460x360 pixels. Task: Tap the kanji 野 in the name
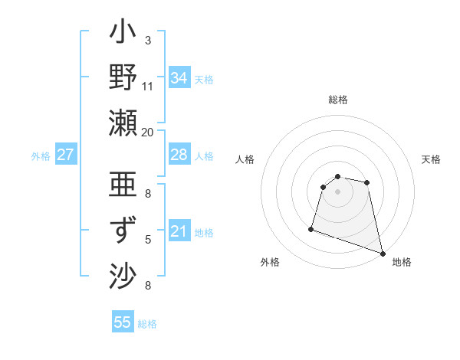pos(123,78)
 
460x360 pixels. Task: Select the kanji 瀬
pos(123,123)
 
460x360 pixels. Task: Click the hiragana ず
pos(123,230)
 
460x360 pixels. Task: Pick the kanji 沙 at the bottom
pos(123,275)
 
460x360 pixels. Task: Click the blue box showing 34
pos(179,78)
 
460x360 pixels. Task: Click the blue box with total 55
pos(123,322)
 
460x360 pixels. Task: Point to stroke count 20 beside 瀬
pos(148,132)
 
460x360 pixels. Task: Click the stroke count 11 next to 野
pos(148,86)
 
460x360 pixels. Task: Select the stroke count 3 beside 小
pos(148,40)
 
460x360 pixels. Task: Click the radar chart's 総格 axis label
pos(338,100)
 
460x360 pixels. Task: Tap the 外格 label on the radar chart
pos(270,262)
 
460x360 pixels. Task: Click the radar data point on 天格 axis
pos(367,182)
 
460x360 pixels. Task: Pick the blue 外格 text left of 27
pos(41,156)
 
